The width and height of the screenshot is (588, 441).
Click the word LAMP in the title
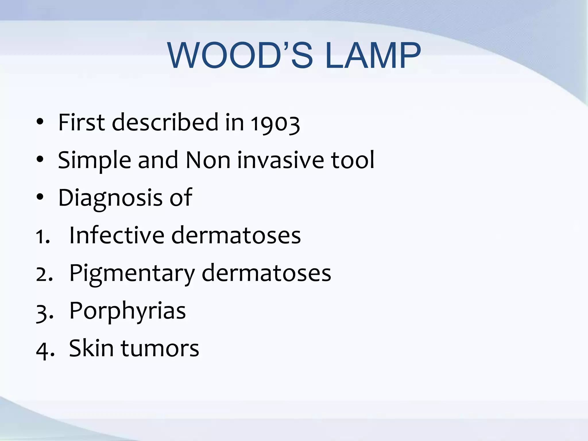click(x=373, y=55)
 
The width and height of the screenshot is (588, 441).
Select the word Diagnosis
click(x=110, y=198)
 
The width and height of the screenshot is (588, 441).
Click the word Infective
click(x=117, y=235)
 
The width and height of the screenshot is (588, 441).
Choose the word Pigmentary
click(x=132, y=274)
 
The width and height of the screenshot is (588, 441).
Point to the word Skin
click(x=91, y=348)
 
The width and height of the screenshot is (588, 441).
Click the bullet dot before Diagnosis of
click(x=40, y=197)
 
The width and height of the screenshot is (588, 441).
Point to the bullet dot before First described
click(x=40, y=122)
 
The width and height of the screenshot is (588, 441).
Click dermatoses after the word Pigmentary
click(x=266, y=273)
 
